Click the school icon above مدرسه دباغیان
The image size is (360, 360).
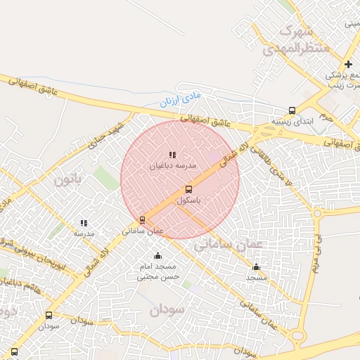point(173,155)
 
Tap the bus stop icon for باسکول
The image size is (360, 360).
point(188,189)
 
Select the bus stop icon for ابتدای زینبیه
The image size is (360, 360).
point(292,110)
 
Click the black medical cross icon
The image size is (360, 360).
point(347,64)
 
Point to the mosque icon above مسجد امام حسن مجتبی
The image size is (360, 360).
point(157,256)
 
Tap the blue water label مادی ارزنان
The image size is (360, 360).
point(179,97)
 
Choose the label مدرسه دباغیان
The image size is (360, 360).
point(173,166)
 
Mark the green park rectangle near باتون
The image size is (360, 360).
point(105,177)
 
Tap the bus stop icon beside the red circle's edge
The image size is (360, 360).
point(142,220)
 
